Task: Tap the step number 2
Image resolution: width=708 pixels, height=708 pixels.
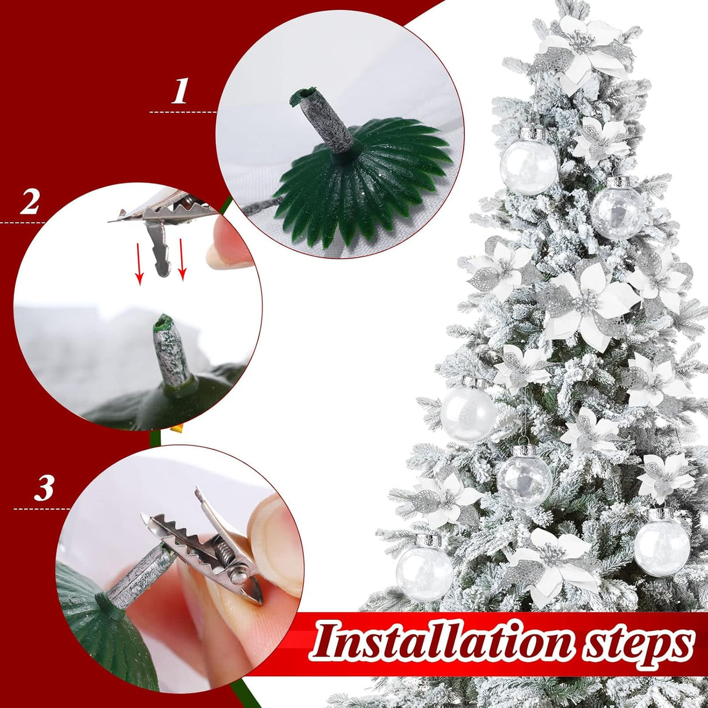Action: (x=30, y=202)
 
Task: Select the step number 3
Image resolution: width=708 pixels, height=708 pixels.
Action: (x=44, y=488)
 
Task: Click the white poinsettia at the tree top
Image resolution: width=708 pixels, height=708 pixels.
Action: (x=589, y=50)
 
